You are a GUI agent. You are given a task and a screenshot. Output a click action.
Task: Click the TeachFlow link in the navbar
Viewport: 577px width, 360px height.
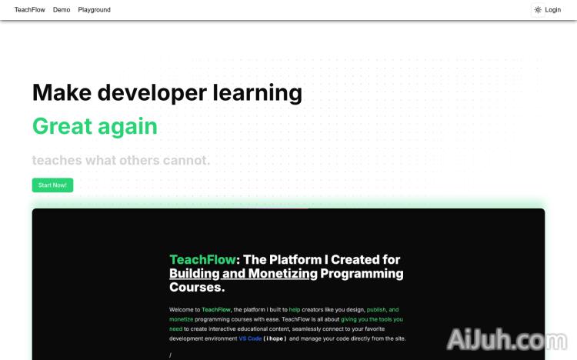point(29,10)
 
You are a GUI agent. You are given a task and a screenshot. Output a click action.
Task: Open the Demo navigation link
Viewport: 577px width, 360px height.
point(62,10)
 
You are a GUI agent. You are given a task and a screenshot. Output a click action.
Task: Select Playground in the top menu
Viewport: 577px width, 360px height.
point(94,10)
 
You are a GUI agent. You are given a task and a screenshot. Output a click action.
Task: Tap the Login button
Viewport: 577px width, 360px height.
point(552,10)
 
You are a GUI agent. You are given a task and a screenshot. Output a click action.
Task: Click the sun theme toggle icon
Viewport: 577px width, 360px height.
point(538,10)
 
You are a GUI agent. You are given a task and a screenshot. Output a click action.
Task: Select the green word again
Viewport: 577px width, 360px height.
point(127,126)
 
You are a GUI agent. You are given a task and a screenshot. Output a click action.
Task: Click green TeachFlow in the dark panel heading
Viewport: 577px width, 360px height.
point(203,259)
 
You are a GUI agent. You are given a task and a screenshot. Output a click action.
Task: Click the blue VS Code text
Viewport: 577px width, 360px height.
point(250,338)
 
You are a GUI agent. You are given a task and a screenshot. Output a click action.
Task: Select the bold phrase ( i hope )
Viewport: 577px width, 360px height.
point(275,338)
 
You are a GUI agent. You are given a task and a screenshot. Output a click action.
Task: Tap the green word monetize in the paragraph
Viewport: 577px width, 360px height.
point(182,318)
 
